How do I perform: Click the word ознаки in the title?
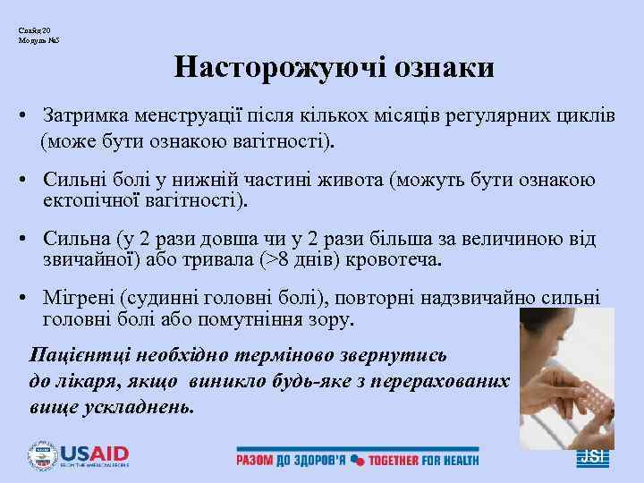point(436,68)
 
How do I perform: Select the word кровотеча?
point(393,260)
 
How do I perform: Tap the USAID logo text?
point(94,453)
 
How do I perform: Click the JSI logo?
point(592,455)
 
